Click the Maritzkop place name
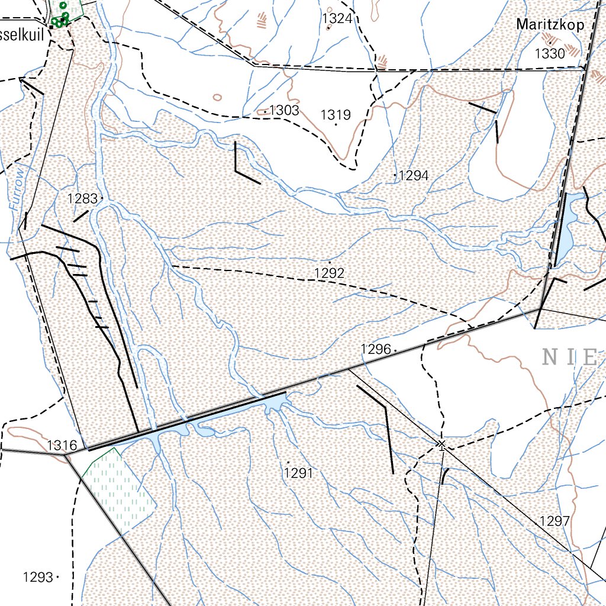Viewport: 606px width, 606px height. coord(550,25)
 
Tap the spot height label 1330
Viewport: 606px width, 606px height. coord(550,54)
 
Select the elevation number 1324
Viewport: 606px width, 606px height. coord(337,19)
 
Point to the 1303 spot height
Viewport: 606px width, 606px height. coord(283,111)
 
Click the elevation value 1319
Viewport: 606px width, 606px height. coord(336,115)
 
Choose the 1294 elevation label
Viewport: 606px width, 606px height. coord(421,176)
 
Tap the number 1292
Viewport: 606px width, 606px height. coord(330,273)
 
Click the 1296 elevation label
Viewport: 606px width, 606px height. coord(376,350)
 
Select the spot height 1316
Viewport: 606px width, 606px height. coord(62,445)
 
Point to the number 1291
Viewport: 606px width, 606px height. coord(298,473)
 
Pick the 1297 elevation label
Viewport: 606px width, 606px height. coord(555,521)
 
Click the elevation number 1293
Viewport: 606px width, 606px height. coord(38,577)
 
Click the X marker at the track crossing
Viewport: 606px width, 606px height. coord(441,443)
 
